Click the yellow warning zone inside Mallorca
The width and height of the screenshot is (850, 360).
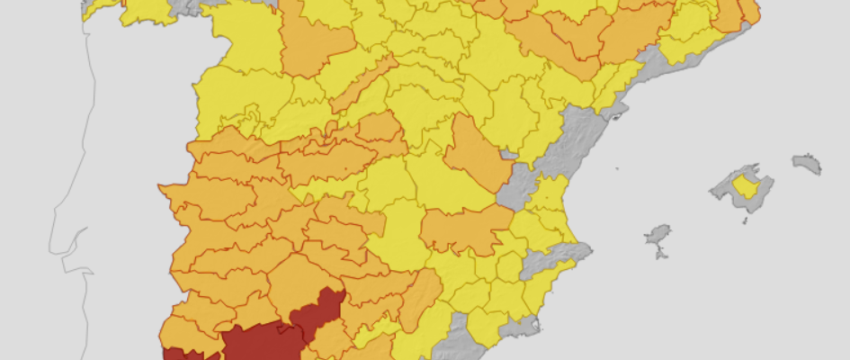744,185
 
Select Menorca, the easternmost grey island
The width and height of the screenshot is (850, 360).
807,163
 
